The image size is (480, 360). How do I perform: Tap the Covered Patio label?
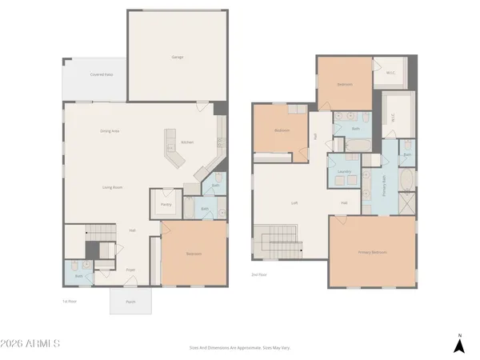point(100,75)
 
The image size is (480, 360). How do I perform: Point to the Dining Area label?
point(110,130)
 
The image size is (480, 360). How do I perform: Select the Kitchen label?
point(187,142)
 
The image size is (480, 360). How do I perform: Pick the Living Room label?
point(112,187)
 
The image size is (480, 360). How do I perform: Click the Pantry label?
point(167,205)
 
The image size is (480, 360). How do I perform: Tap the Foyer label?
point(130,270)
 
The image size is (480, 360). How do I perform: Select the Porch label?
point(130,302)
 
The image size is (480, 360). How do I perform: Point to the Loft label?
point(294,202)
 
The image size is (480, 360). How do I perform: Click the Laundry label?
point(345,171)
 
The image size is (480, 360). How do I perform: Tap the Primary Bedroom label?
point(373,252)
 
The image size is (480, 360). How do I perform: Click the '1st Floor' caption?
point(70,301)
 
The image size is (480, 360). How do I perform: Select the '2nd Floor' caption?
point(258,274)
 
